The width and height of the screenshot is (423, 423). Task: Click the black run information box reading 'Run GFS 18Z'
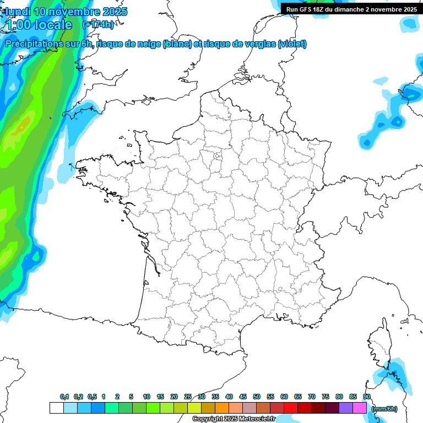point(351,9)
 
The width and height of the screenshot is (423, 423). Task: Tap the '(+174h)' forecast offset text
point(98,25)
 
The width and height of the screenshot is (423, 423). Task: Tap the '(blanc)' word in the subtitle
point(177,44)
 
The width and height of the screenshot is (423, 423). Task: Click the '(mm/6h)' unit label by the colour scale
point(384,409)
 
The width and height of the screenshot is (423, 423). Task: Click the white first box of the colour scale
point(56,408)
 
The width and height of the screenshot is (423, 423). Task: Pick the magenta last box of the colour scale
point(360,408)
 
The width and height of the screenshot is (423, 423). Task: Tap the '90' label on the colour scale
point(367,397)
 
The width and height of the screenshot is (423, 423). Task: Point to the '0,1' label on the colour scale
point(64,397)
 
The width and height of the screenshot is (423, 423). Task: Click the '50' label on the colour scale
point(257,397)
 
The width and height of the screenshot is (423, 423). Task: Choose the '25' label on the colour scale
point(188,397)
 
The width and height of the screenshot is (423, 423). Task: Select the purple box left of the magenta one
point(346,408)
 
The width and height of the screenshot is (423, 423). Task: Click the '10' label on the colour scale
point(147,397)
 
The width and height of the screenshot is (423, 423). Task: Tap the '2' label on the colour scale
point(117,397)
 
